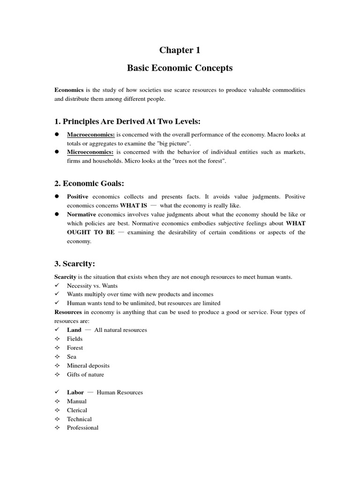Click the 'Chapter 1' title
coord(180,50)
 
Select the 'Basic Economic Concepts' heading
coord(180,68)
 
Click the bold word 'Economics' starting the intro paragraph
coord(69,90)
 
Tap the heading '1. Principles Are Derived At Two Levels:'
coord(127,122)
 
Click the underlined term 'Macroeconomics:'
coord(90,135)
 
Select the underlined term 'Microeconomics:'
coord(90,152)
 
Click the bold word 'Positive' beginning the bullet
coord(77,197)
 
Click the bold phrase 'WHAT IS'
coord(134,205)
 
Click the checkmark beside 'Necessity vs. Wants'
coord(57,285)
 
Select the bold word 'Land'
coord(74,330)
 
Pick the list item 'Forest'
coord(75,348)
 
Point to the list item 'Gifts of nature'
coord(85,375)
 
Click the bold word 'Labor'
coord(75,392)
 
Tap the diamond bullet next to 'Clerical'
coord(57,410)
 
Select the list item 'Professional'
coord(82,428)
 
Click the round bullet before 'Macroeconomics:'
coord(57,135)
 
